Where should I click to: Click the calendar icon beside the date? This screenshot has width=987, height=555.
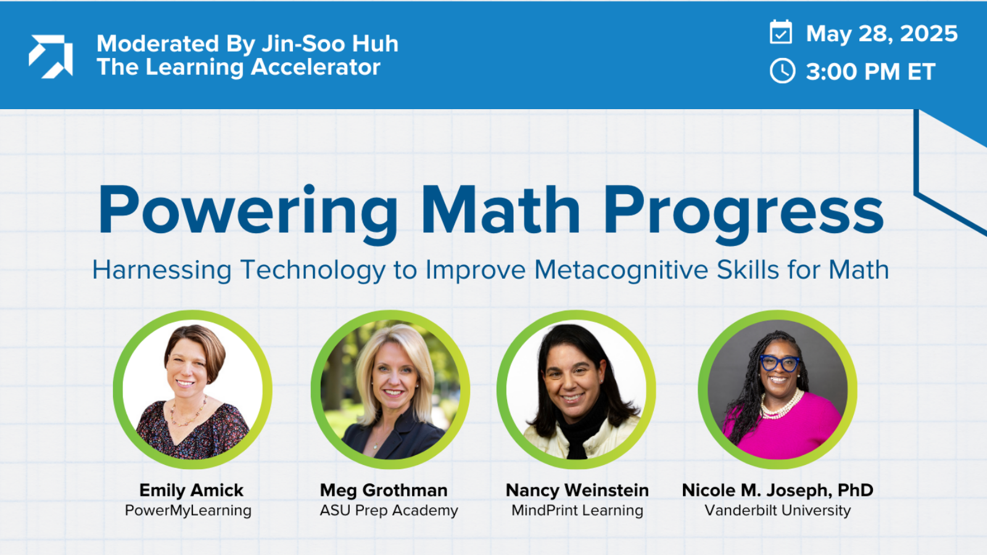click(x=781, y=32)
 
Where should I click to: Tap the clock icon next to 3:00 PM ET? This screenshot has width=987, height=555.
click(x=782, y=71)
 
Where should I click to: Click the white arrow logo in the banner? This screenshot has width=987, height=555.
click(x=51, y=56)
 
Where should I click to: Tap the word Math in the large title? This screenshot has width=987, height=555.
click(x=500, y=211)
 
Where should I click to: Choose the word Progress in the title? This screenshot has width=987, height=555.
click(x=743, y=211)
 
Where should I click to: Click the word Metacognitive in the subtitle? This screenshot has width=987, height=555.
click(x=621, y=270)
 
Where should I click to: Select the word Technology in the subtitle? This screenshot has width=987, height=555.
click(x=313, y=270)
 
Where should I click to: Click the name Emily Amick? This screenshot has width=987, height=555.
click(x=191, y=490)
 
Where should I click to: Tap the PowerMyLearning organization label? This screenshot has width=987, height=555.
click(x=188, y=511)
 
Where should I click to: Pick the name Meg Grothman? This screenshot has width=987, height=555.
click(x=384, y=490)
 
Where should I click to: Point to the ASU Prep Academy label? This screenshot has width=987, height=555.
click(x=389, y=511)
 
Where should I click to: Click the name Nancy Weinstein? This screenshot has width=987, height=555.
click(x=577, y=490)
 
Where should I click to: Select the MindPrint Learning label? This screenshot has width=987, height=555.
click(x=577, y=511)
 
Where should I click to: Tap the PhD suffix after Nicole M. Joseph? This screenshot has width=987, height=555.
click(x=855, y=490)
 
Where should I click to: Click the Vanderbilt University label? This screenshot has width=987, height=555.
click(x=778, y=511)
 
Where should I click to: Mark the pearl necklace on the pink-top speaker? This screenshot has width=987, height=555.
click(x=781, y=407)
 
